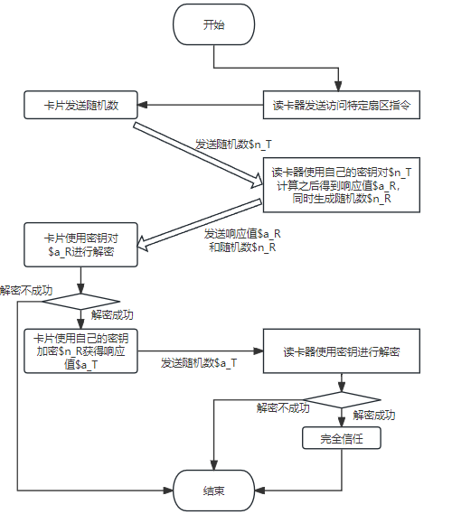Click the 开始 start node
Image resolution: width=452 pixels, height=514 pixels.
tap(213, 25)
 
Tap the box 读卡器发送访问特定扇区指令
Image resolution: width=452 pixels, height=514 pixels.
tap(342, 105)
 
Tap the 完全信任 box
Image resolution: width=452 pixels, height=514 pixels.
tap(341, 438)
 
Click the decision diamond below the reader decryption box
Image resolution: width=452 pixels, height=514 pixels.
tap(341, 400)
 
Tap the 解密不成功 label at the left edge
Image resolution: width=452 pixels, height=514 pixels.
tap(26, 291)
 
